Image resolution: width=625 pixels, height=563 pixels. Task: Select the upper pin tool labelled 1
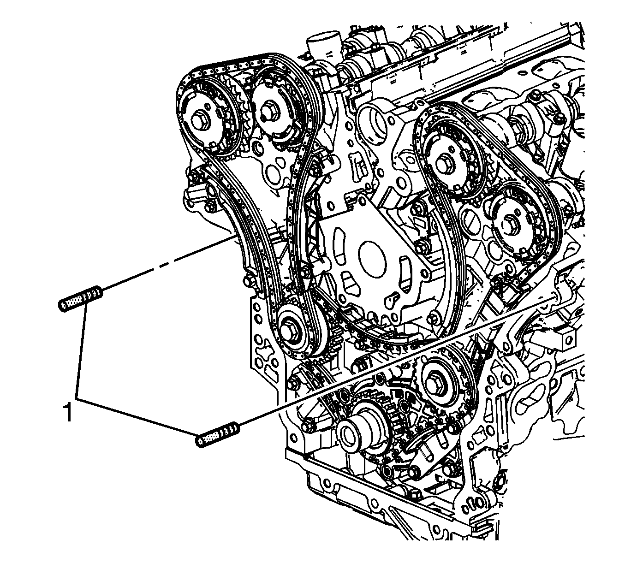tap(80, 297)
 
